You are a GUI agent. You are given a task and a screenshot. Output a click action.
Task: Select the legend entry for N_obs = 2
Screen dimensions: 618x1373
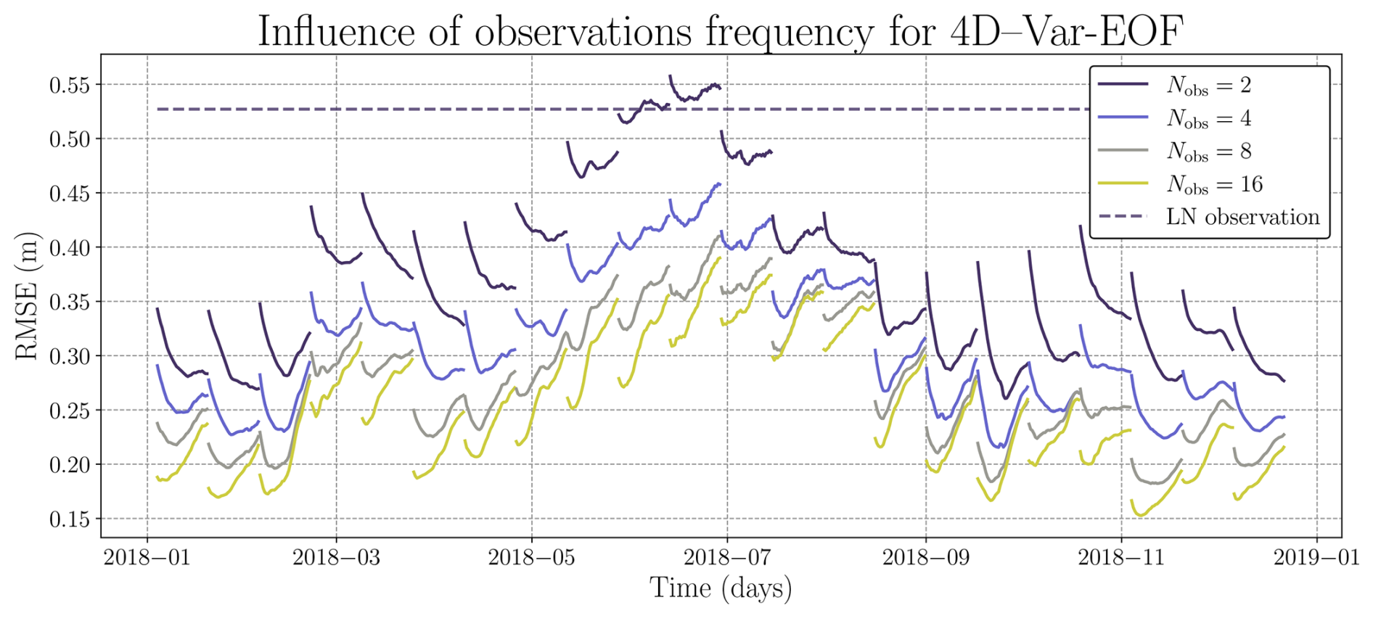[1208, 86]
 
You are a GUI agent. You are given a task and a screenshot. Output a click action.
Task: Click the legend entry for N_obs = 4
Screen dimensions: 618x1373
[1208, 118]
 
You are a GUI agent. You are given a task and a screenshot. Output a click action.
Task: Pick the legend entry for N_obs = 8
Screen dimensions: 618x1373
[1208, 151]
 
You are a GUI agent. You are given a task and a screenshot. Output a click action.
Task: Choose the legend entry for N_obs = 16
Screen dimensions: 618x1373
[1214, 184]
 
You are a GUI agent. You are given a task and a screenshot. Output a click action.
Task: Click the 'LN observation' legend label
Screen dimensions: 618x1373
[1242, 217]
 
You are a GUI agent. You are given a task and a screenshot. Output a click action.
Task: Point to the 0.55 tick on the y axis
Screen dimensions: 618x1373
[70, 86]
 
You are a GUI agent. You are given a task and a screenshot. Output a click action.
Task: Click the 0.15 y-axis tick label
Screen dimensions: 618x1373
[70, 519]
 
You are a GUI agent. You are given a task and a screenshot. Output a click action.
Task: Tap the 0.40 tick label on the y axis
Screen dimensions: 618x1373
[70, 248]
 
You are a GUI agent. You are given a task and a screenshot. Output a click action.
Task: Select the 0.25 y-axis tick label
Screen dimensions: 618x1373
[70, 411]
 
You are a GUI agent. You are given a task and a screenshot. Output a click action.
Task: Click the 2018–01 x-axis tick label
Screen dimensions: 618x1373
[147, 557]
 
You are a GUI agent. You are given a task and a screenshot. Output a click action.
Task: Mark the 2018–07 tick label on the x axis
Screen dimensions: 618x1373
[727, 557]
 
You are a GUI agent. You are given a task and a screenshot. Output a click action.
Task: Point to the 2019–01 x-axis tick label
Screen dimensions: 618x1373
[1317, 557]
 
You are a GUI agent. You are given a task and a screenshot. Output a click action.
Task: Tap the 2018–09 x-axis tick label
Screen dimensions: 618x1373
[925, 557]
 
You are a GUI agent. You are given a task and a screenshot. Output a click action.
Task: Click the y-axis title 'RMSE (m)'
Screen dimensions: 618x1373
[26, 296]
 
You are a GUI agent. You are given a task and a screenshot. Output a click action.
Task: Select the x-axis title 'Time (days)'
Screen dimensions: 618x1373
[721, 588]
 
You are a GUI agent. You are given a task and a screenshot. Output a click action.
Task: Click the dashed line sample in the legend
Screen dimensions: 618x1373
[1123, 217]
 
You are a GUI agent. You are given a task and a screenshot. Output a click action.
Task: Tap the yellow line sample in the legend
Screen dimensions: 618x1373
[1123, 184]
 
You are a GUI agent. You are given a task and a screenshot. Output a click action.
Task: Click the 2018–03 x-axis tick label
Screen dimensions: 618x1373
[336, 557]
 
